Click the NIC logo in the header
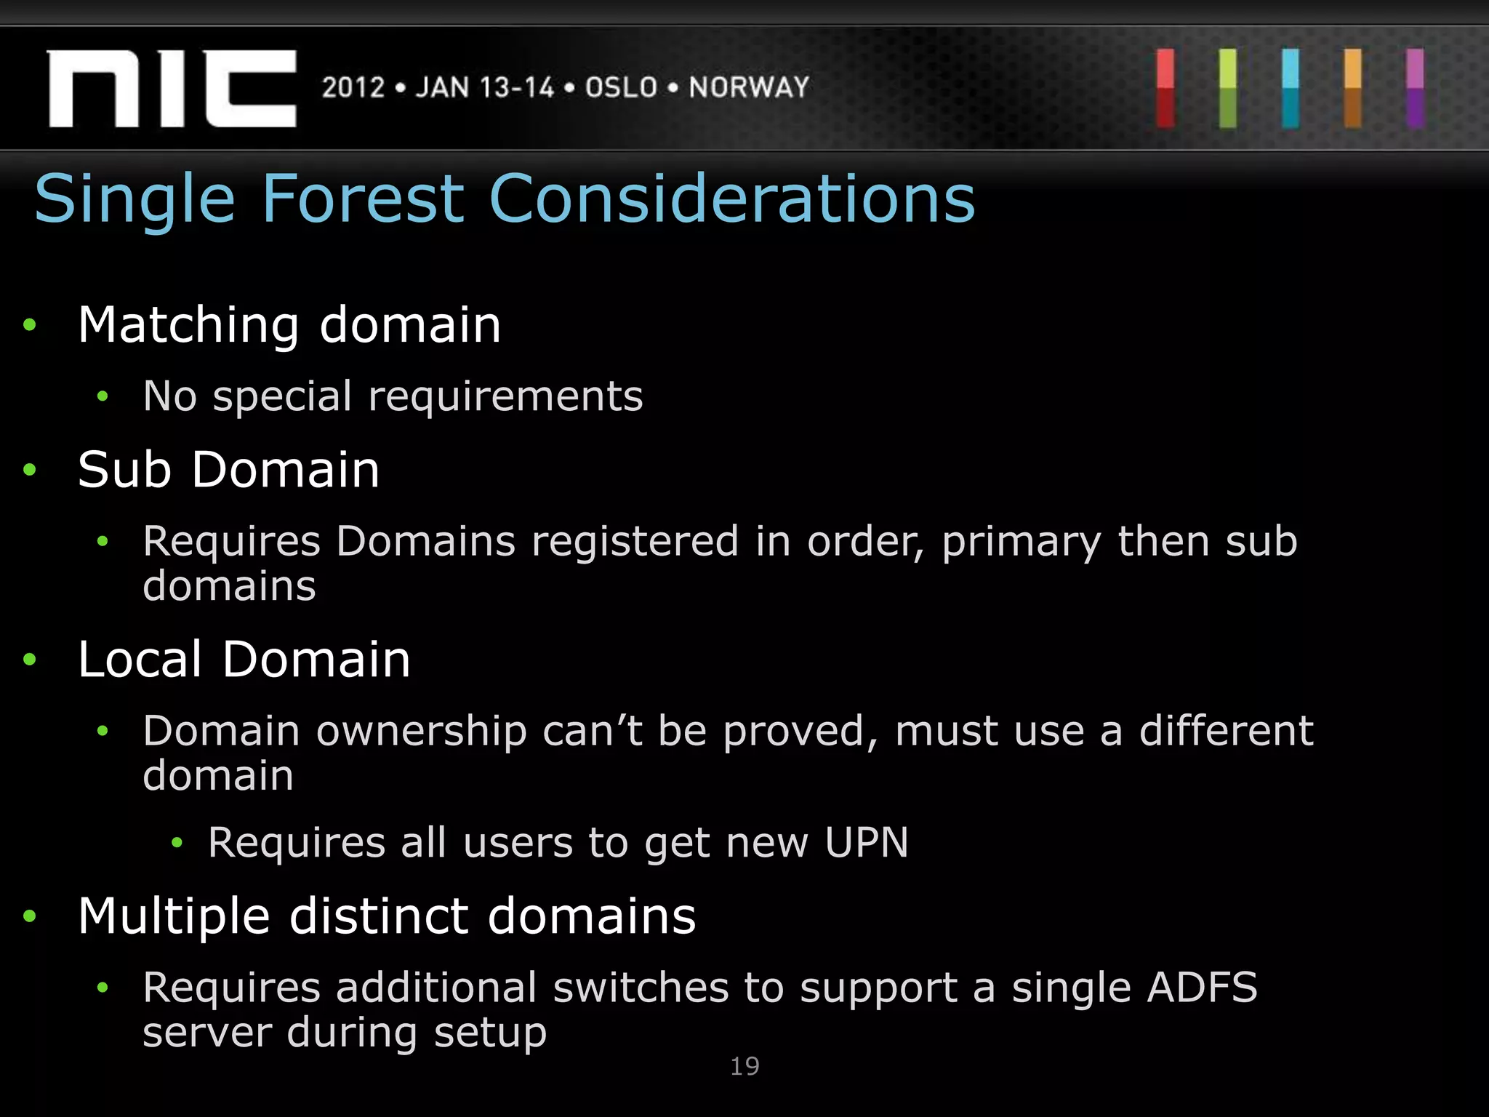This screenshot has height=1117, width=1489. (x=172, y=89)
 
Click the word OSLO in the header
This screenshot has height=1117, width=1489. (x=622, y=87)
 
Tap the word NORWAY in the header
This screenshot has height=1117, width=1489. (x=749, y=87)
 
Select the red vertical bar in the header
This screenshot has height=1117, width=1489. (x=1165, y=89)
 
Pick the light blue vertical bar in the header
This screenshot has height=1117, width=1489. (x=1291, y=89)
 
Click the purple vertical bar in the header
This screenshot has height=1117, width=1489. (x=1415, y=89)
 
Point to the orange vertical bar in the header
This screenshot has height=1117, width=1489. (x=1352, y=89)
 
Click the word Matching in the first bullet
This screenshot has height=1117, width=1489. (x=188, y=325)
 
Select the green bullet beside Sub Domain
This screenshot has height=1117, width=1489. (x=30, y=470)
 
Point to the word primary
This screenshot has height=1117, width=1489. (x=1021, y=543)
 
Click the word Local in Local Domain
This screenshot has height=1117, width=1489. (x=140, y=660)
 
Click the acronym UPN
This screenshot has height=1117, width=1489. (x=866, y=842)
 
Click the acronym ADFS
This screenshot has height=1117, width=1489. (x=1202, y=988)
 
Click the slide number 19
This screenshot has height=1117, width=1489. (x=744, y=1066)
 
